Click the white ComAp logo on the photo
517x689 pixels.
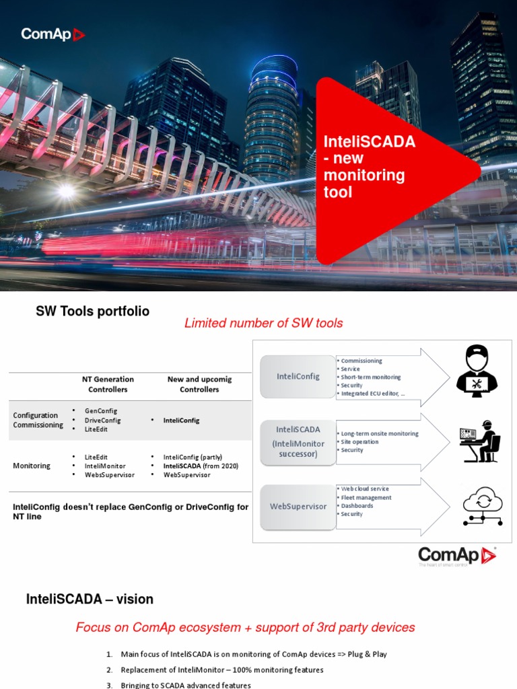53,34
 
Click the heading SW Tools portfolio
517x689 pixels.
92,312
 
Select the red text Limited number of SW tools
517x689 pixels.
263,324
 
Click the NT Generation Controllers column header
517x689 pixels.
108,384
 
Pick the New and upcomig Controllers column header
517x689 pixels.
199,384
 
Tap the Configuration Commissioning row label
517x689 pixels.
38,420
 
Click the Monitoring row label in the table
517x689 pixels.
32,466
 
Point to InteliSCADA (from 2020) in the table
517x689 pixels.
201,466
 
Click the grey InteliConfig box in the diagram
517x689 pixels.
298,377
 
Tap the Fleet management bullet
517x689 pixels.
366,498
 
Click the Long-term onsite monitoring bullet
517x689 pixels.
380,434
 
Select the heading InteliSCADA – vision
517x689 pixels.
90,599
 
